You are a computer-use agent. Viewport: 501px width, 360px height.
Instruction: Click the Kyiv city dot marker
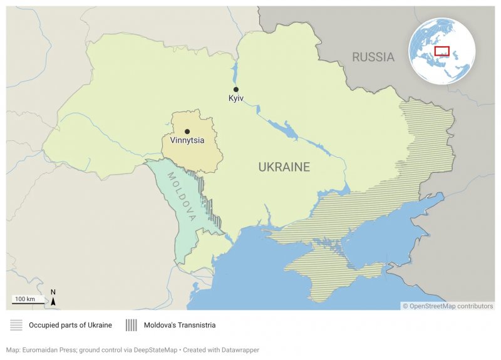[x=236, y=90]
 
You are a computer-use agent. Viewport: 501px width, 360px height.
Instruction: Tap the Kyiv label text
[x=236, y=99]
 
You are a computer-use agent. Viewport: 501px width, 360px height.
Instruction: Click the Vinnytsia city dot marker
[x=187, y=131]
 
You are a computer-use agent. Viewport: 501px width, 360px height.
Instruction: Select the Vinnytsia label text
[x=187, y=141]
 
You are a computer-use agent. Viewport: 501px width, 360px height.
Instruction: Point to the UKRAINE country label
[x=284, y=167]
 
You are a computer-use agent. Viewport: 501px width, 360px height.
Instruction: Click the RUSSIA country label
[x=373, y=58]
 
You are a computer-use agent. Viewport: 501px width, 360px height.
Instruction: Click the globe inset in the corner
[x=442, y=51]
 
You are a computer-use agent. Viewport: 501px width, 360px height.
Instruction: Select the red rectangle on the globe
[x=442, y=51]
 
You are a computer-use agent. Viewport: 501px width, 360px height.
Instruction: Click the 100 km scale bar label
[x=26, y=299]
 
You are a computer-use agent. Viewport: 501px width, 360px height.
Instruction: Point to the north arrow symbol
[x=53, y=298]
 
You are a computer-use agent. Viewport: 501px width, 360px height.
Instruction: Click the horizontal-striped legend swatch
[x=16, y=325]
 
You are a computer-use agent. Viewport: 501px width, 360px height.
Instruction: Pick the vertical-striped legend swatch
[x=132, y=325]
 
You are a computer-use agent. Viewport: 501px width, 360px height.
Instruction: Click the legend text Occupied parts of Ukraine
[x=70, y=325]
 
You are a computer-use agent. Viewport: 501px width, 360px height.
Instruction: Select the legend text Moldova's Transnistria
[x=180, y=325]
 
